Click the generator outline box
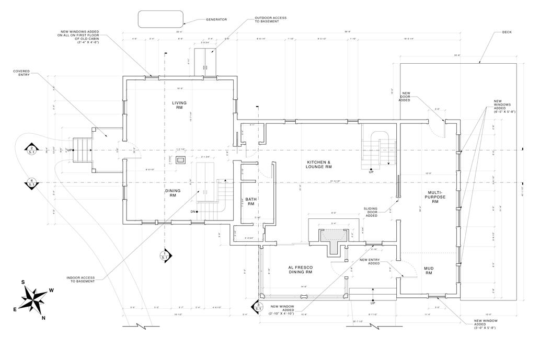tap(160, 19)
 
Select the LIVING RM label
tap(179, 105)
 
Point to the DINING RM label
tap(173, 193)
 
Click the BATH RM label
tap(250, 202)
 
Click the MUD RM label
tap(428, 271)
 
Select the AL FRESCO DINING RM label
tap(300, 270)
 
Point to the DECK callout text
tap(507, 32)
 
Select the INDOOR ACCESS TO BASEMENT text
tap(81, 279)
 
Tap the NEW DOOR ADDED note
tap(405, 97)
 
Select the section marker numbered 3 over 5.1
tap(258, 306)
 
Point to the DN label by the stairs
tap(192, 211)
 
